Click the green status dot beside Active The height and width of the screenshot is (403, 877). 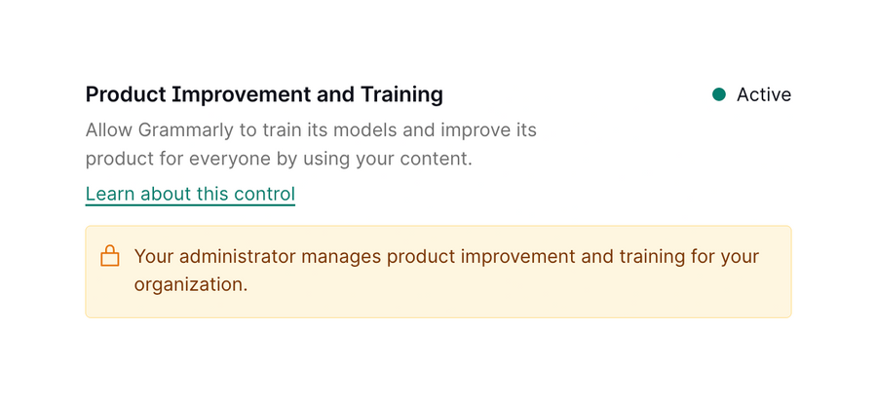pyautogui.click(x=719, y=94)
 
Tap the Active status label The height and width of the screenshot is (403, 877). pyautogui.click(x=764, y=94)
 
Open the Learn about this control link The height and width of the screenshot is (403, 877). pyautogui.click(x=190, y=194)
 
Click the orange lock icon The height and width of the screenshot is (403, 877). pyautogui.click(x=110, y=257)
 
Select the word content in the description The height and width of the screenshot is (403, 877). pyautogui.click(x=437, y=158)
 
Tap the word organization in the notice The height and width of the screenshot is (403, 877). pyautogui.click(x=190, y=285)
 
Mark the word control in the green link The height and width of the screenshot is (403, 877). pyautogui.click(x=264, y=194)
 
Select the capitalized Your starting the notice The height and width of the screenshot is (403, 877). pyautogui.click(x=154, y=257)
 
